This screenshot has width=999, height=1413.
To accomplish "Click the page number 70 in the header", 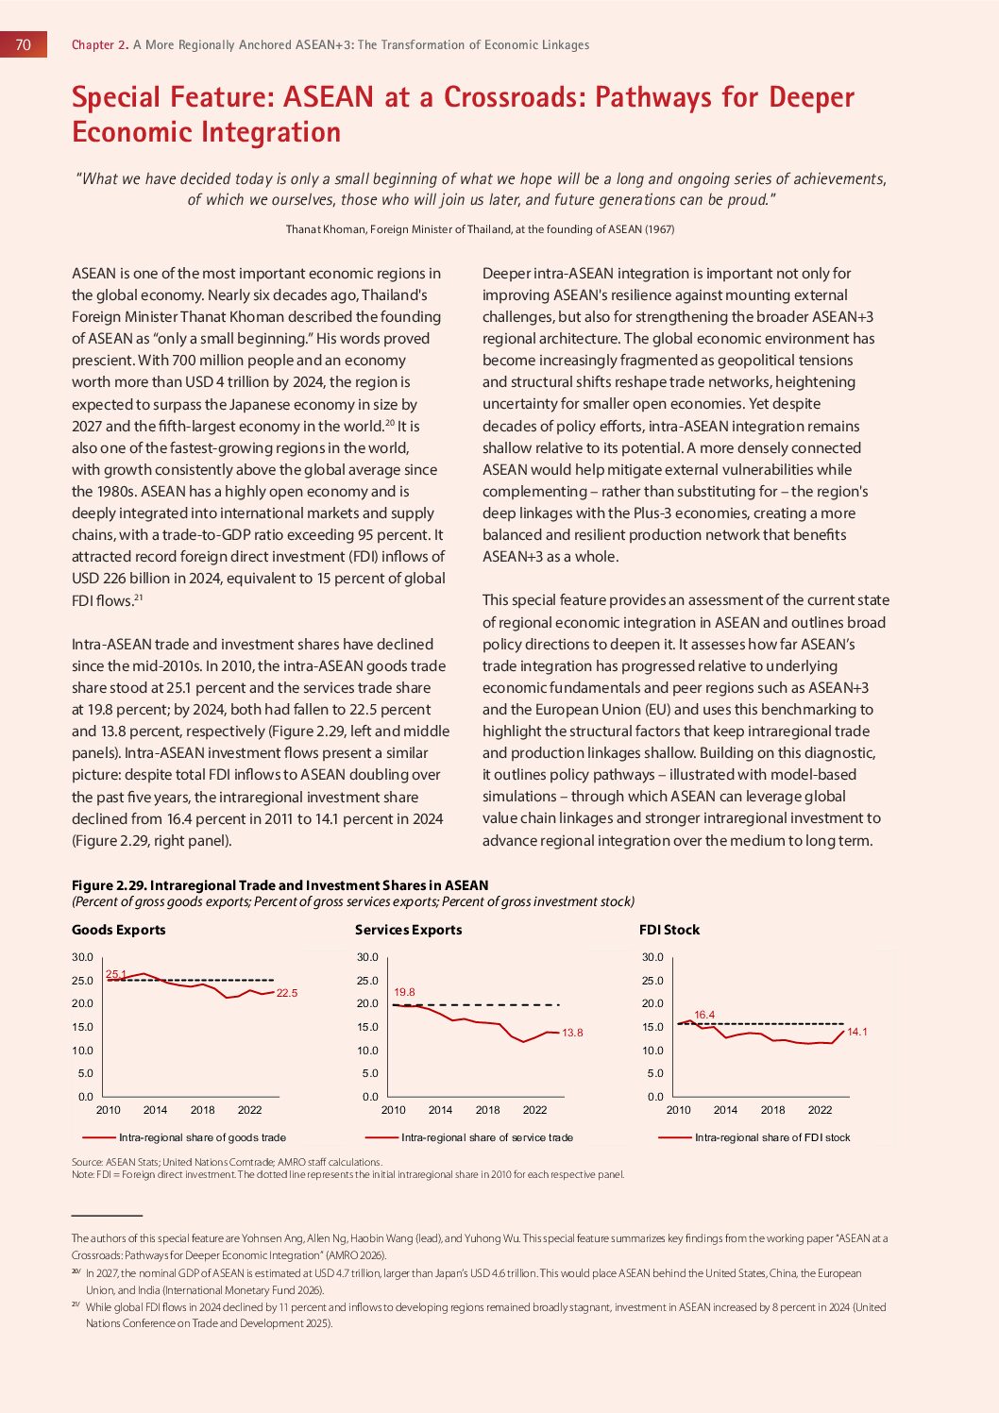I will tap(24, 44).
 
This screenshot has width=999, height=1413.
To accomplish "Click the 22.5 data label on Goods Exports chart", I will tap(287, 993).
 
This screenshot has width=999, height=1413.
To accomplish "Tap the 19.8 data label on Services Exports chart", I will tap(404, 992).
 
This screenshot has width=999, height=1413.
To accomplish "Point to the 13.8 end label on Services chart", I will tap(572, 1033).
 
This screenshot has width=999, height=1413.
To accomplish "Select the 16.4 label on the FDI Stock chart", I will tap(704, 1015).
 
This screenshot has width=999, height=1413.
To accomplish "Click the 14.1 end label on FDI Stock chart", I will tap(857, 1032).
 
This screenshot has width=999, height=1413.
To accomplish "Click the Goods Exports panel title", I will tap(119, 930).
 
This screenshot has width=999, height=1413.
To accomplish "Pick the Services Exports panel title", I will tap(409, 930).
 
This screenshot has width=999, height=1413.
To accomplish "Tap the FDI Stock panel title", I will tap(669, 930).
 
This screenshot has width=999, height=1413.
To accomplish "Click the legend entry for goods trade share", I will tap(202, 1137).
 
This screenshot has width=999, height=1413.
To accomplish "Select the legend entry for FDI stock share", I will tap(771, 1137).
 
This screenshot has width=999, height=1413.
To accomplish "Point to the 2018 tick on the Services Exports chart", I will tap(487, 1110).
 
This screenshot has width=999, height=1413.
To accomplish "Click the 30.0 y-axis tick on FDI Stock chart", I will tap(652, 957).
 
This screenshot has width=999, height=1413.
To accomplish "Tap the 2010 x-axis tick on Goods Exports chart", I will tap(109, 1110).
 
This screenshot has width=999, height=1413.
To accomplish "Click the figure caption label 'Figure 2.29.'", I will tap(109, 885).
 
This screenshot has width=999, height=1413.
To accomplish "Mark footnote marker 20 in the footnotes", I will tap(76, 1272).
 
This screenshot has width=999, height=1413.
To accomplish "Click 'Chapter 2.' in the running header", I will tap(100, 44).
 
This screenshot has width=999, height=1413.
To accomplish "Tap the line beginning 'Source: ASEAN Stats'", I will tap(227, 1162).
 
